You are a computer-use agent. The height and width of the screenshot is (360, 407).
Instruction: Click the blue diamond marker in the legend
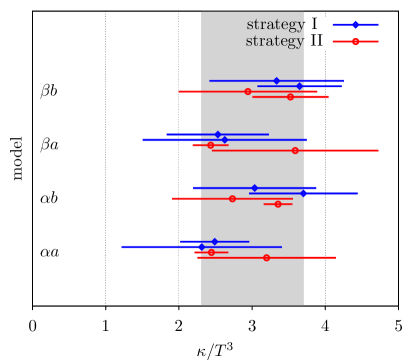355,25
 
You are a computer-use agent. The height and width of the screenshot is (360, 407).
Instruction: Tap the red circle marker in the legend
355,41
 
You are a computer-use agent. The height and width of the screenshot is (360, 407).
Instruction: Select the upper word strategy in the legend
275,25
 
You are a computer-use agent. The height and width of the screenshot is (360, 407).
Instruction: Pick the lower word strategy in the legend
275,42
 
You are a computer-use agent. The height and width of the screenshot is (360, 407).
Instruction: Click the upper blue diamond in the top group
277,81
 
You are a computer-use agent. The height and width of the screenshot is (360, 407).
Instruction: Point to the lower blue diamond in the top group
300,86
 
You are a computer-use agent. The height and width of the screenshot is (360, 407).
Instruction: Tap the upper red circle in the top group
248,92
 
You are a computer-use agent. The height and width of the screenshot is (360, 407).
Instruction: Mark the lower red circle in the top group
291,97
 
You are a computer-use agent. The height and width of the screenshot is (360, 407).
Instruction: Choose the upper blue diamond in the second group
218,134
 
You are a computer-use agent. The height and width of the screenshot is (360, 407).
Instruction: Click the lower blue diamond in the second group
224,140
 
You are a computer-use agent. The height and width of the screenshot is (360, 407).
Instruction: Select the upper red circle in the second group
210,145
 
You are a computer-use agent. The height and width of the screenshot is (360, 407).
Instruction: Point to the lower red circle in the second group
295,150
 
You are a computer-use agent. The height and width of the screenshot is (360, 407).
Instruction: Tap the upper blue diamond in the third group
255,188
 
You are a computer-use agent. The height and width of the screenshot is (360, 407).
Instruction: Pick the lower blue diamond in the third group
303,193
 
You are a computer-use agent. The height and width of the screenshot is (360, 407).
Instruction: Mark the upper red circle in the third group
232,198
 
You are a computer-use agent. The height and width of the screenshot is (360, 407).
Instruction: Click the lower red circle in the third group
279,204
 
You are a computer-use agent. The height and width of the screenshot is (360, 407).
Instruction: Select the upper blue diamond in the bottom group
214,241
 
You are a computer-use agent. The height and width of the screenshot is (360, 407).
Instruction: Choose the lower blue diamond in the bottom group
201,246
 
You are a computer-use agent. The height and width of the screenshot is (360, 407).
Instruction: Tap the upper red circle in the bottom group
211,252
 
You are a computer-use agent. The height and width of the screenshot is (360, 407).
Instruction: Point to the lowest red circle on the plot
266,257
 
